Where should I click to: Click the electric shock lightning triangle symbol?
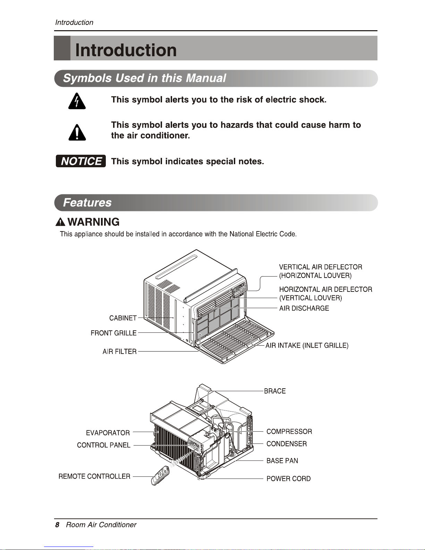pyautogui.click(x=77, y=101)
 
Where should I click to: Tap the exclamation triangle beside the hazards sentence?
pyautogui.click(x=77, y=132)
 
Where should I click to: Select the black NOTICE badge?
pyautogui.click(x=81, y=161)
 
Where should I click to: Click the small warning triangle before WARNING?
pyautogui.click(x=60, y=222)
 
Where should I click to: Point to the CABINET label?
pyautogui.click(x=123, y=318)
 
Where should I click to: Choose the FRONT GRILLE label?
pyautogui.click(x=113, y=333)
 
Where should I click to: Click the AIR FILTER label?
pyautogui.click(x=119, y=351)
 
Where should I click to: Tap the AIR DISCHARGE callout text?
pyautogui.click(x=304, y=308)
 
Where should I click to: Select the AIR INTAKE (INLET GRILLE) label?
pyautogui.click(x=307, y=346)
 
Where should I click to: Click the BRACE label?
pyautogui.click(x=275, y=391)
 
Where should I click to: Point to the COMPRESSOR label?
pyautogui.click(x=289, y=432)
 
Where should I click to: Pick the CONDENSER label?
pyautogui.click(x=287, y=444)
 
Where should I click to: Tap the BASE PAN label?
pyautogui.click(x=282, y=461)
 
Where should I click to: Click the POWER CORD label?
pyautogui.click(x=288, y=479)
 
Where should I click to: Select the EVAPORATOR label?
pyautogui.click(x=108, y=433)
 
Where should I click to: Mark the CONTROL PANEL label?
pyautogui.click(x=103, y=445)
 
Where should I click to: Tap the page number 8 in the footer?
pyautogui.click(x=57, y=525)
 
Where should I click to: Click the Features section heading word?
pyautogui.click(x=87, y=203)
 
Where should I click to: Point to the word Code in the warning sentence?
pyautogui.click(x=288, y=234)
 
